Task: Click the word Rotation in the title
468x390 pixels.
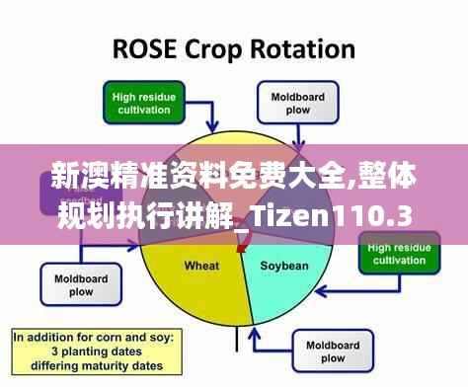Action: click(x=308, y=48)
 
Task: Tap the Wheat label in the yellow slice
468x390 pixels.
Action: click(x=201, y=266)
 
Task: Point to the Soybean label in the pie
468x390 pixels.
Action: click(x=284, y=266)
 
